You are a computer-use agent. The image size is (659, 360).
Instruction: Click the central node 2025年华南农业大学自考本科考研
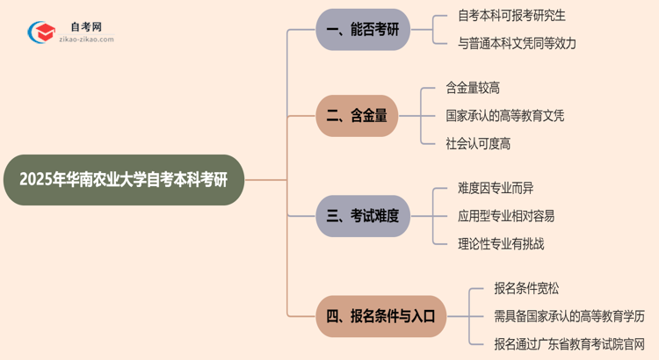point(123,180)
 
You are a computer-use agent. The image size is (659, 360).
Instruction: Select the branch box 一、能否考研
point(363,30)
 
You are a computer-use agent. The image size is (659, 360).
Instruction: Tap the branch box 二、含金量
point(357,115)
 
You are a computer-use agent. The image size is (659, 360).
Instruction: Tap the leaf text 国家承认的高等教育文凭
point(505,115)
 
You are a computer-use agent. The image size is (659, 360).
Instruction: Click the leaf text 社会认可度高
point(479,143)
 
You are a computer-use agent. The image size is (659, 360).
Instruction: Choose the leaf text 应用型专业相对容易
point(506,216)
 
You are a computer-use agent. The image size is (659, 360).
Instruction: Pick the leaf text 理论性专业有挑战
point(501,244)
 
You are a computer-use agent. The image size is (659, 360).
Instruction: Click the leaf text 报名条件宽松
point(526,287)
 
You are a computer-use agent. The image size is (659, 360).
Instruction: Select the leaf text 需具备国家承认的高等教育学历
point(569,314)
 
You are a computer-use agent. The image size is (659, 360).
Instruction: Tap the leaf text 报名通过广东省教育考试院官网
point(569,342)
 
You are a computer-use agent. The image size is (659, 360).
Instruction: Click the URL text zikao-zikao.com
point(85,40)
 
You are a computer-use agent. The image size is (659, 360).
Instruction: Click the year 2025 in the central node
point(38,180)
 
